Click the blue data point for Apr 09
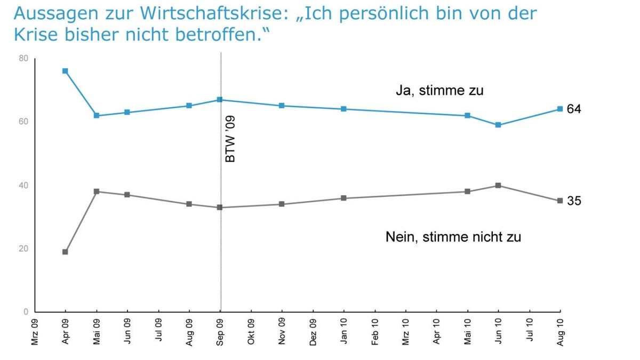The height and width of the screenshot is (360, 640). pos(65,71)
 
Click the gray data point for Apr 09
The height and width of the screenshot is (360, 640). pos(65,252)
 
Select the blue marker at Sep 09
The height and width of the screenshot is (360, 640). pos(220,100)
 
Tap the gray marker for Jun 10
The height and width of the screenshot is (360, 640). pos(498,186)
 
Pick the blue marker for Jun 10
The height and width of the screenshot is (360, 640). pos(498,125)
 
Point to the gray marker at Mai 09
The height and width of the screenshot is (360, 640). pos(97,191)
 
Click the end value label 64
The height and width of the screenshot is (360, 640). pos(574,109)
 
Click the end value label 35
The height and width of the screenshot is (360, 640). pos(574,201)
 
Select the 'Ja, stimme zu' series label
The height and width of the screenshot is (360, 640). pos(439,91)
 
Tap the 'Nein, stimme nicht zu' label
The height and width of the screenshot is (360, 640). pos(453,237)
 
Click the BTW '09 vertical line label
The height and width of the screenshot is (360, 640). pos(230,141)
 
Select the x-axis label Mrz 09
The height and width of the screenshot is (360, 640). pos(35,332)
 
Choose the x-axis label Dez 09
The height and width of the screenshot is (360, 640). pos(313,332)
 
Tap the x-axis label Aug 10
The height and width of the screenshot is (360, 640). pos(560,332)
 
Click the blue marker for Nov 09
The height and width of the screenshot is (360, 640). pos(282,106)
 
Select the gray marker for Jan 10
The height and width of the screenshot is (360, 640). pos(343,198)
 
